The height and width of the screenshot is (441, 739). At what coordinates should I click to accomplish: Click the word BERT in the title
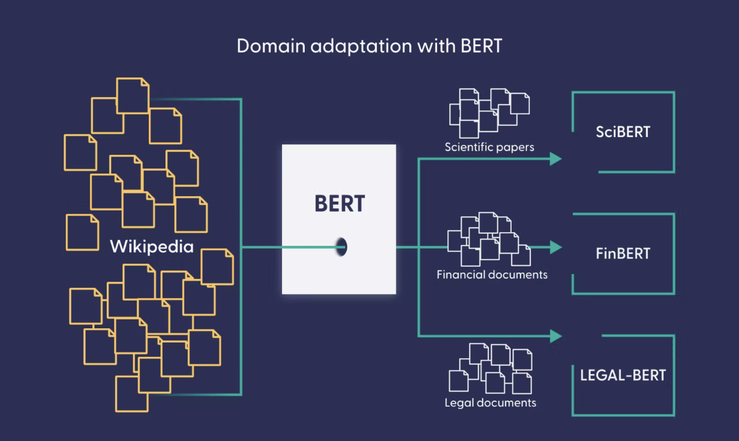481,46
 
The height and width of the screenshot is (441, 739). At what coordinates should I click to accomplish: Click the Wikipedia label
152,246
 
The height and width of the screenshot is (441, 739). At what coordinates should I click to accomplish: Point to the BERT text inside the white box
340,203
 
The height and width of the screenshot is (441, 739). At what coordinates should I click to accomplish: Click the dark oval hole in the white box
342,246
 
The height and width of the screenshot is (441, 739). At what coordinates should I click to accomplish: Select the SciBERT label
623,132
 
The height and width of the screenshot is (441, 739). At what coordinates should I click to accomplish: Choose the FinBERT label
623,254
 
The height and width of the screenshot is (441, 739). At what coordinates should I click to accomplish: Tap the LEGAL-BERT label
623,375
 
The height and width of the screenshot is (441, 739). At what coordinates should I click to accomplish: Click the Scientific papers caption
490,148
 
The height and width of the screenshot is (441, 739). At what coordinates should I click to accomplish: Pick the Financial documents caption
492,275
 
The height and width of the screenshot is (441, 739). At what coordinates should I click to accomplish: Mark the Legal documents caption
490,403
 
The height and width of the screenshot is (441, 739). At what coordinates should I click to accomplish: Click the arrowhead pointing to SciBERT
555,159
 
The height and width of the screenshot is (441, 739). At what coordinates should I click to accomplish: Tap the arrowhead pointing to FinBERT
555,247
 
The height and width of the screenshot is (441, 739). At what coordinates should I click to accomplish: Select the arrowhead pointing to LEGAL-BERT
555,335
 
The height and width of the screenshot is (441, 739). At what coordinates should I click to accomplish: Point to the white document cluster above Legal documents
490,368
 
